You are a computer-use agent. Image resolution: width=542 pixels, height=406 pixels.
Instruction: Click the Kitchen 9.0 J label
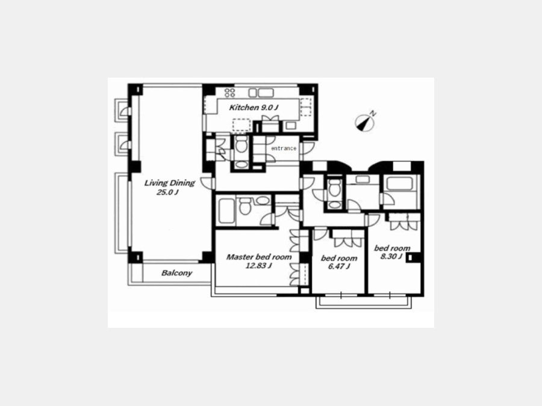(254, 108)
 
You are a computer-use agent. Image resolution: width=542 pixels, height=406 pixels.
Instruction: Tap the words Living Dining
(169, 183)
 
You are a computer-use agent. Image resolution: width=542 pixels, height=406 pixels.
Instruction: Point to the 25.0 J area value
(167, 192)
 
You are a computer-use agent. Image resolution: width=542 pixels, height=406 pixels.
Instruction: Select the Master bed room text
(258, 257)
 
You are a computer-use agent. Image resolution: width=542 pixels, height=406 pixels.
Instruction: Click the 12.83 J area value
(258, 266)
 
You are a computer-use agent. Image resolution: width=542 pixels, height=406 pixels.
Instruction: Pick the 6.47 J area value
(339, 266)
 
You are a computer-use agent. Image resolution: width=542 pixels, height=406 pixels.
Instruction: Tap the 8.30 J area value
(391, 256)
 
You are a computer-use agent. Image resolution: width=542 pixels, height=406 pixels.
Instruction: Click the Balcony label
(176, 273)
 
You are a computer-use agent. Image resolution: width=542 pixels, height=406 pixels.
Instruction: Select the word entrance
(284, 148)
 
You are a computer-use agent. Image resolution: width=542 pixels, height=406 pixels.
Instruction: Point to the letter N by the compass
(373, 113)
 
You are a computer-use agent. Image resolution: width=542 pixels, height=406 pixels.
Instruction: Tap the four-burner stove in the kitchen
(230, 93)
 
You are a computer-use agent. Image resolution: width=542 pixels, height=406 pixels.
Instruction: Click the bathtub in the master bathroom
(227, 211)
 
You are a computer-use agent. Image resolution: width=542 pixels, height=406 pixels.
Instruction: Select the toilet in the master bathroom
(245, 206)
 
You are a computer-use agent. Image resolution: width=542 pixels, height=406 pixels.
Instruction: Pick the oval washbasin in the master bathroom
(263, 200)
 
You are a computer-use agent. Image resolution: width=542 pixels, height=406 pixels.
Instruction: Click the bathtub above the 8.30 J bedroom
(400, 184)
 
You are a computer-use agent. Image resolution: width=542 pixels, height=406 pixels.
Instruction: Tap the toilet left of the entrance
(241, 144)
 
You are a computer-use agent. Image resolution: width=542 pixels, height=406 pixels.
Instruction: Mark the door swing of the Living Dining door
(207, 183)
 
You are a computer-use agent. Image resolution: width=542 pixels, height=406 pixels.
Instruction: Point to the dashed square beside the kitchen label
(241, 126)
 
